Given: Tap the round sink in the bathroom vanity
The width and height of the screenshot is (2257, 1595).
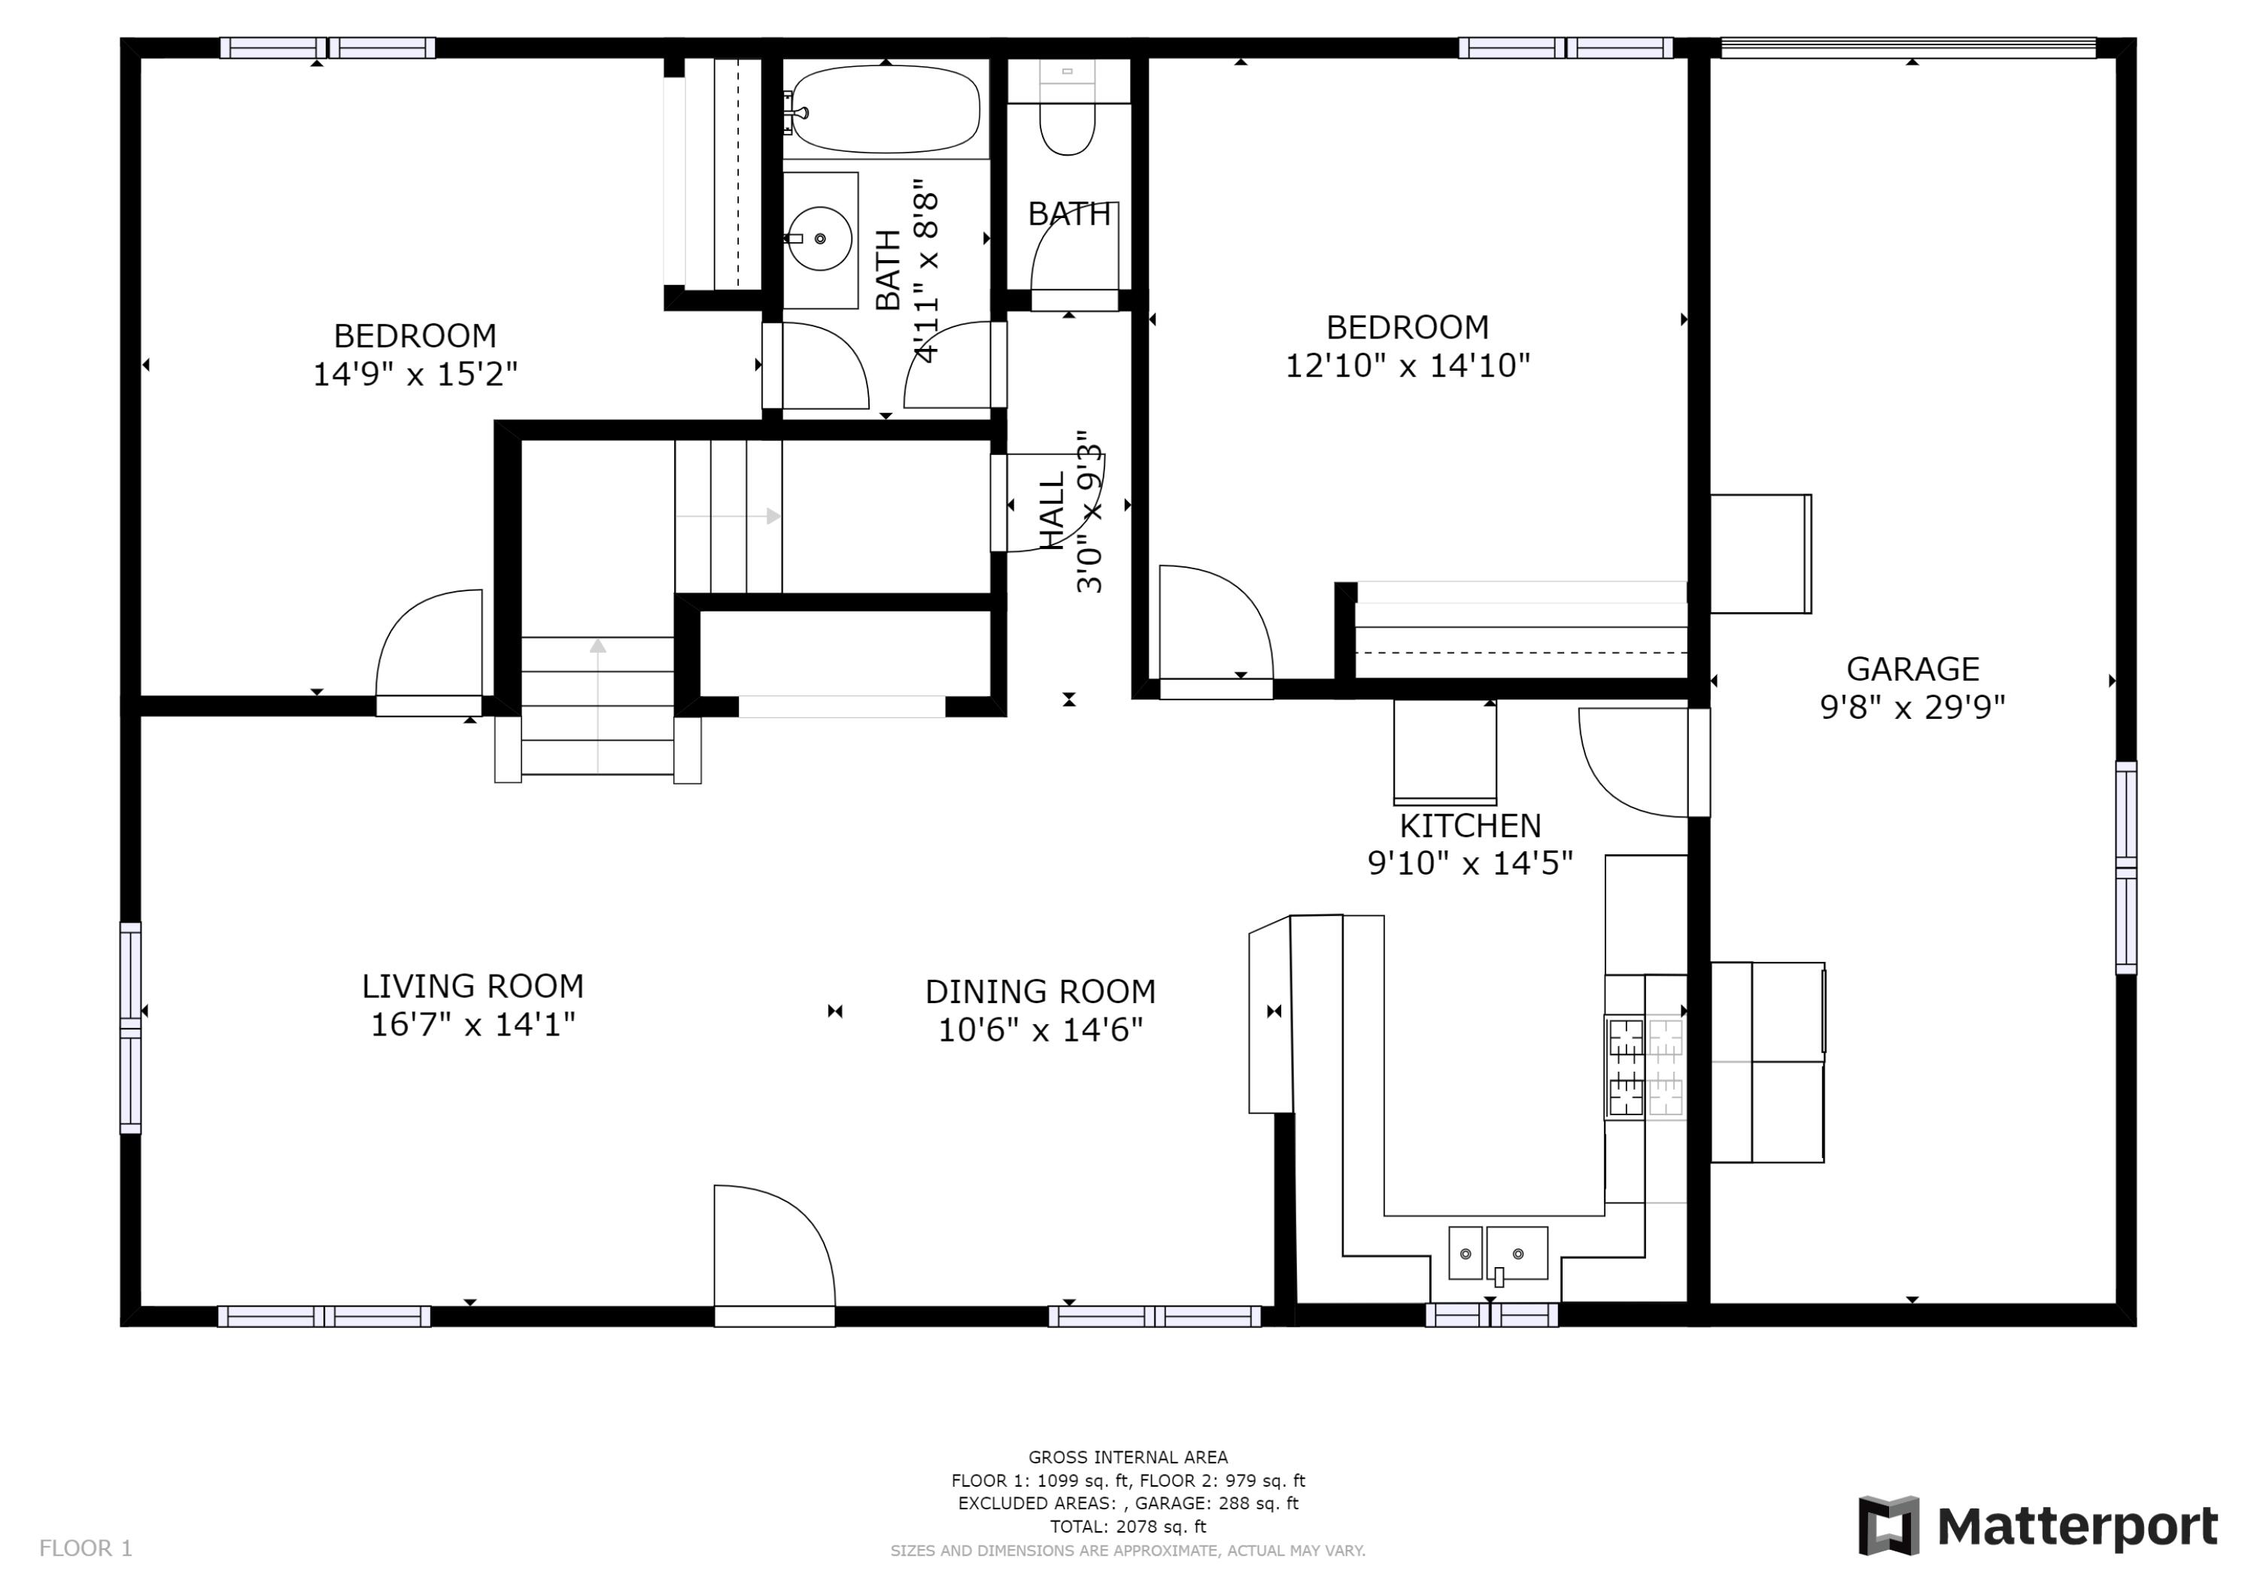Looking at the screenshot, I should (821, 239).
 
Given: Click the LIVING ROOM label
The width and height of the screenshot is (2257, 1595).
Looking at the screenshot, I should (472, 986).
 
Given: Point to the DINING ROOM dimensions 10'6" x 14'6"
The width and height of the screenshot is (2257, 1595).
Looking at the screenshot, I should (1040, 1030).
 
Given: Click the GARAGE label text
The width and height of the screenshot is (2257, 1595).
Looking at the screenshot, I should (1912, 669).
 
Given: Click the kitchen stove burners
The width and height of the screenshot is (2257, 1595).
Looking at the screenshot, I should (1645, 1067).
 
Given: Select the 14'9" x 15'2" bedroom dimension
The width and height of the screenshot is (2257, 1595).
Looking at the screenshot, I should (415, 374).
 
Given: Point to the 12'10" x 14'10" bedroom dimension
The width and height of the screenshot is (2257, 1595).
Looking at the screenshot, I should (1408, 365).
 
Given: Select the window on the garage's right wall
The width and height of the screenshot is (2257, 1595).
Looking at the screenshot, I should (2125, 868).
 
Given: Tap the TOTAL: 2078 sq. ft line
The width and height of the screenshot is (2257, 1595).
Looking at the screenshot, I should (1128, 1527).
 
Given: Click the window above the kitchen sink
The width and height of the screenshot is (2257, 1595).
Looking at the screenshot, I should (1491, 1315).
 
